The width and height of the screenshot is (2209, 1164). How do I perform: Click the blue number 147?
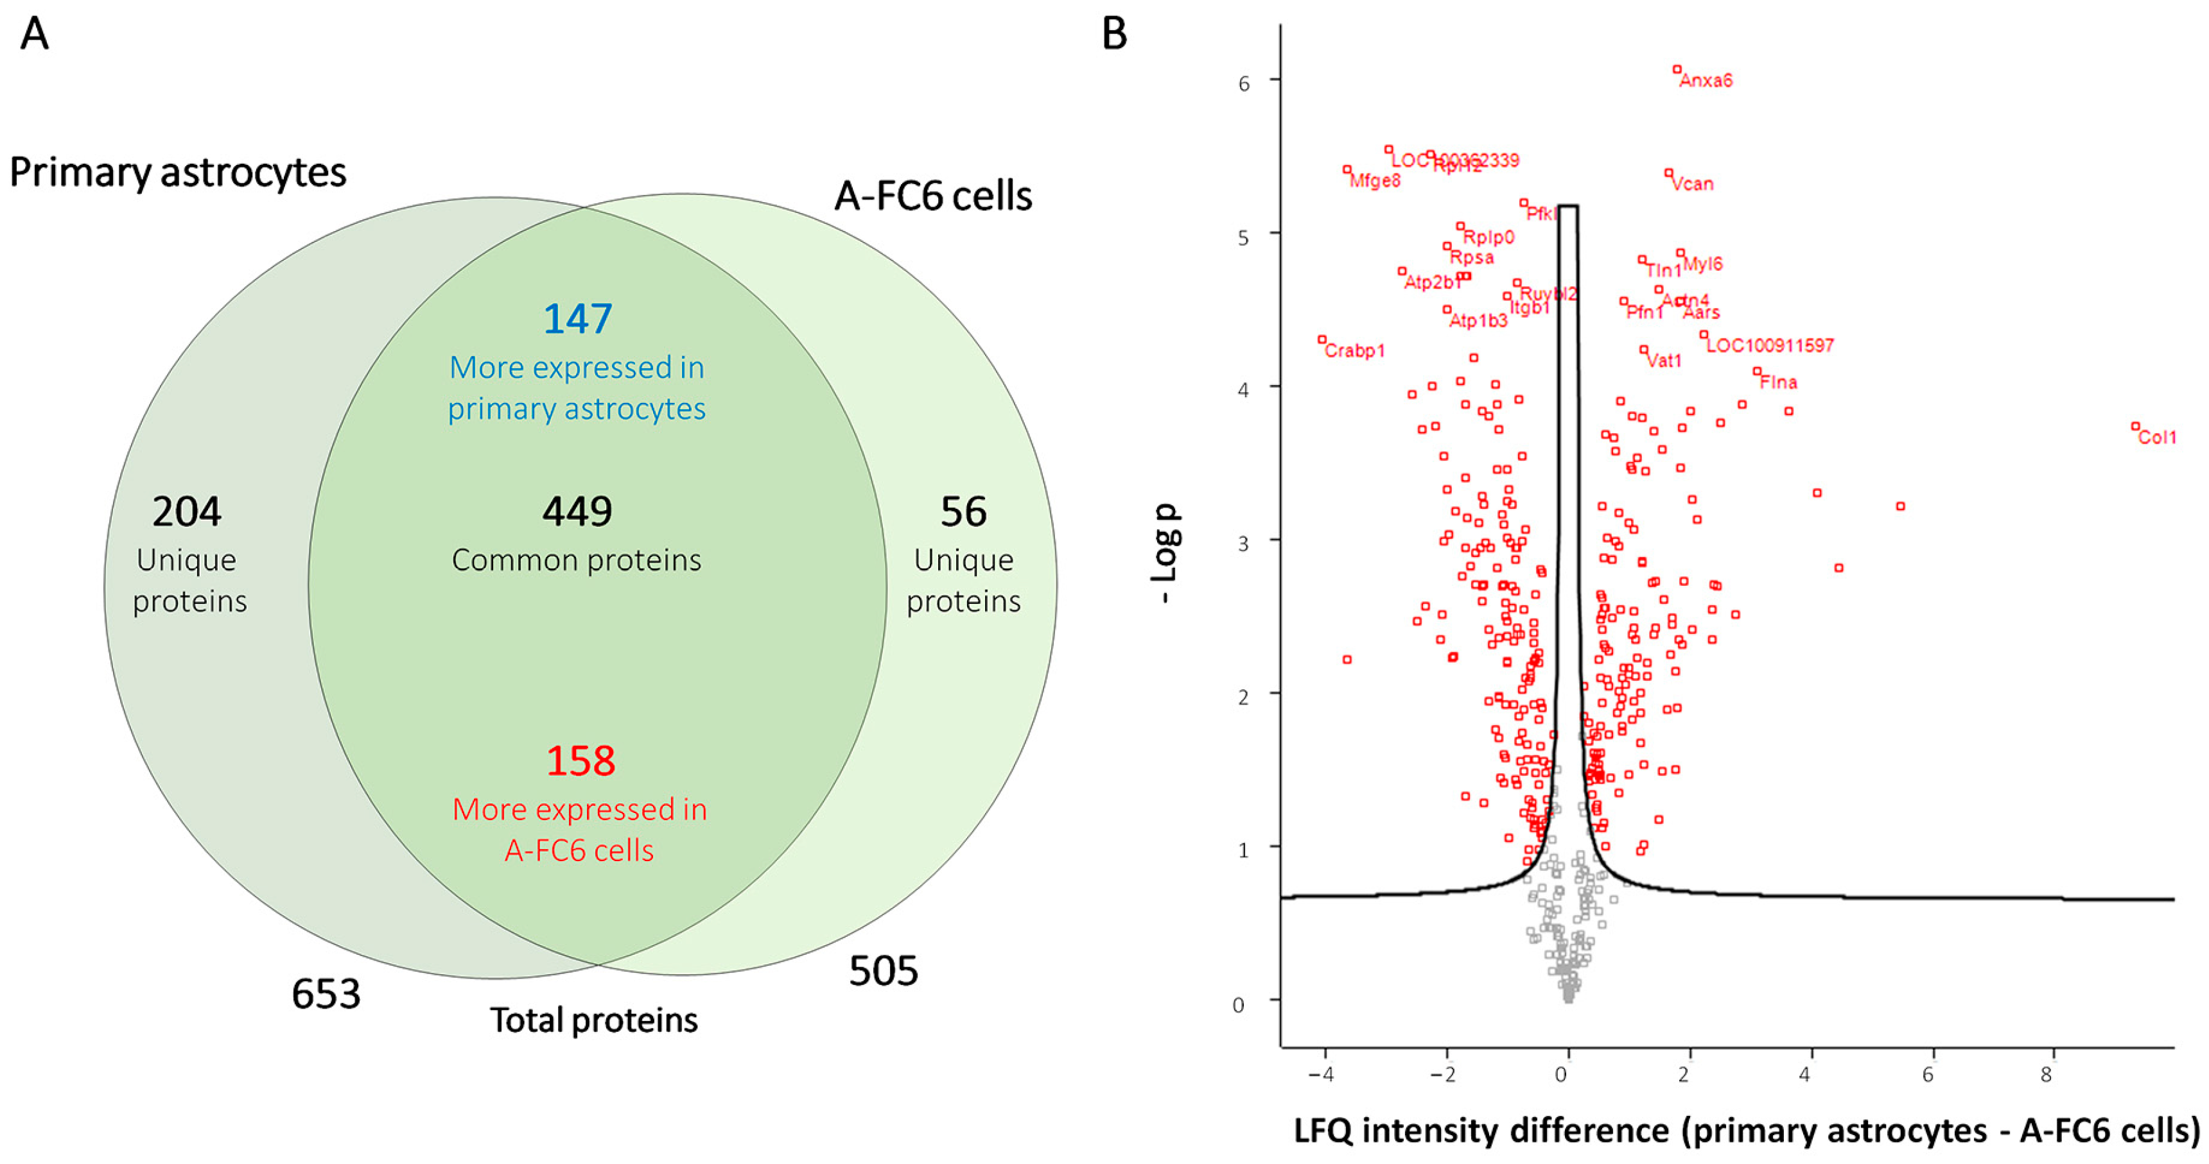[x=577, y=319]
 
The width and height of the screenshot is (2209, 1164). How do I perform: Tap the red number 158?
[x=581, y=761]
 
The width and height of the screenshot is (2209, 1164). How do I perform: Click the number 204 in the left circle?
[x=187, y=511]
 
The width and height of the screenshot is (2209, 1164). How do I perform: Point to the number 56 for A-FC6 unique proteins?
[x=963, y=511]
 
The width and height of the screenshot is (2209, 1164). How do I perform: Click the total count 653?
[x=326, y=995]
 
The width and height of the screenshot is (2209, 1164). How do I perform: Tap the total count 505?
[x=883, y=971]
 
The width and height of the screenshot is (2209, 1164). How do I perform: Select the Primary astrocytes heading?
[x=177, y=172]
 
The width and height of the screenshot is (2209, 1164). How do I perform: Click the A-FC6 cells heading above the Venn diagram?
[x=933, y=196]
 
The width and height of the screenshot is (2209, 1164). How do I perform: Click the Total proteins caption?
[x=593, y=1020]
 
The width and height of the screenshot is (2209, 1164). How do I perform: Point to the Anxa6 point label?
[x=1706, y=81]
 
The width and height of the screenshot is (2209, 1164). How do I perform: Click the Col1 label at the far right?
[x=2157, y=437]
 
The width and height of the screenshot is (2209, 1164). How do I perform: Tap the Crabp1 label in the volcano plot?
[x=1355, y=350]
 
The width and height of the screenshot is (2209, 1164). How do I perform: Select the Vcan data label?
[x=1693, y=184]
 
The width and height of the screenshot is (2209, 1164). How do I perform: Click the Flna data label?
[x=1779, y=382]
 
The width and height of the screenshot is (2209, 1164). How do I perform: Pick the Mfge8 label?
[x=1375, y=181]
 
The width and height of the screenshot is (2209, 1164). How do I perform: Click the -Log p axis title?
[x=1166, y=553]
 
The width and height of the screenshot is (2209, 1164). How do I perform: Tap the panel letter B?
[x=1114, y=34]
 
